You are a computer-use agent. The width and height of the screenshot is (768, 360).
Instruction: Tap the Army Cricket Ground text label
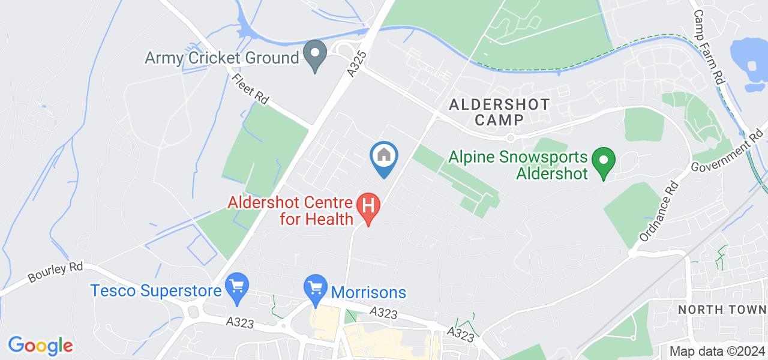click(222, 58)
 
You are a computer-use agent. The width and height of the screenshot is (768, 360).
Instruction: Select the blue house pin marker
click(384, 157)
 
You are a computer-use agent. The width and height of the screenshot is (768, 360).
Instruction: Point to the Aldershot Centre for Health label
click(290, 210)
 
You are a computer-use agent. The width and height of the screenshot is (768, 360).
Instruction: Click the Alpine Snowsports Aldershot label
click(518, 165)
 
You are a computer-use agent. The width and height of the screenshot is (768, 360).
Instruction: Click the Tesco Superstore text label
click(157, 291)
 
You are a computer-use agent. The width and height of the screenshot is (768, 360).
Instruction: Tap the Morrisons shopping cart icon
click(314, 289)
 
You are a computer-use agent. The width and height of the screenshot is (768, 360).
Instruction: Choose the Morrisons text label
click(368, 293)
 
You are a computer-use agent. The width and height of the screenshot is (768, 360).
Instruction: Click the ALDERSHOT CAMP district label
click(499, 112)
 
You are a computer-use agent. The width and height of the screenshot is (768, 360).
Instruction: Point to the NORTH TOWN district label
click(722, 310)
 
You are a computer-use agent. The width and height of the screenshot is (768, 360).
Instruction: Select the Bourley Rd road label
click(55, 272)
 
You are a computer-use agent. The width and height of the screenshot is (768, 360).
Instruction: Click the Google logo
click(40, 346)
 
